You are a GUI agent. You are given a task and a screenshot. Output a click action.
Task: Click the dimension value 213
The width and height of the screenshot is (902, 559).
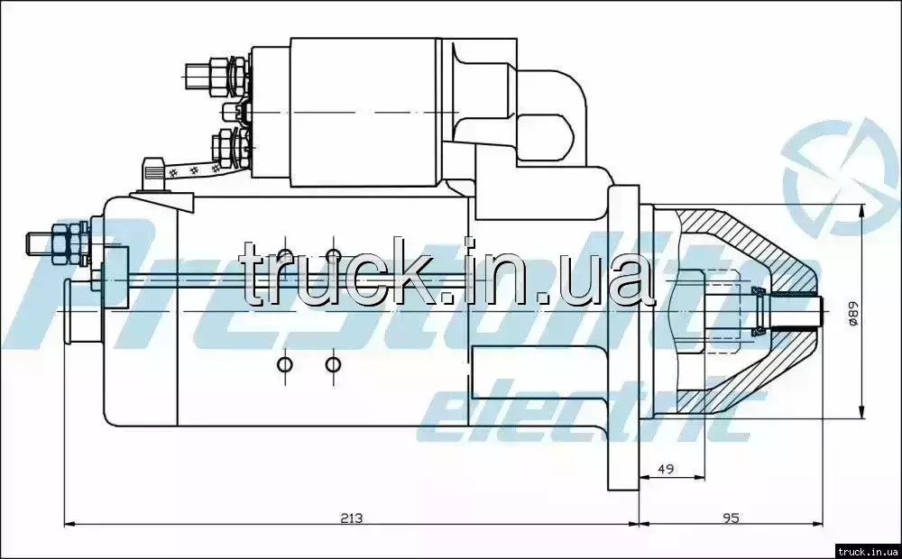point(351,518)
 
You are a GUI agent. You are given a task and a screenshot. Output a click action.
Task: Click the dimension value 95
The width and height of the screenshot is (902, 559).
point(731,518)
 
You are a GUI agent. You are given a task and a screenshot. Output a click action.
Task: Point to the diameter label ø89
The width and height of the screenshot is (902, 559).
point(853,314)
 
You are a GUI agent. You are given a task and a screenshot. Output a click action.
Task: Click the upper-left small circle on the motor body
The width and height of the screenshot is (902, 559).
point(285,256)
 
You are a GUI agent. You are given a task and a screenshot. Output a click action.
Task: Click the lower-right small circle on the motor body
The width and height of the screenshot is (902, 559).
point(333,364)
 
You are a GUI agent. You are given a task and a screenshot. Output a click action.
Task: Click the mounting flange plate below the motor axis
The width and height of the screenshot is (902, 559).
point(623,403)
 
